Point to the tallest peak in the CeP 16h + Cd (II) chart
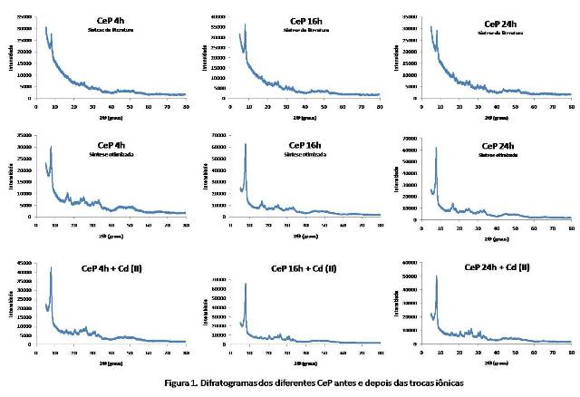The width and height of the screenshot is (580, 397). coord(246,285)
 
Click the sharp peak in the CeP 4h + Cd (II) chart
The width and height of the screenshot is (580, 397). coord(52,268)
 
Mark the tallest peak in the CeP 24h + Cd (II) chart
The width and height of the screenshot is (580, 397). coord(437,276)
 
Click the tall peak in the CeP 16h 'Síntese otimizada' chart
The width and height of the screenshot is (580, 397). coord(246,145)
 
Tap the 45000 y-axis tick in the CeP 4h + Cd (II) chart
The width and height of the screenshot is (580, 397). coord(23,263)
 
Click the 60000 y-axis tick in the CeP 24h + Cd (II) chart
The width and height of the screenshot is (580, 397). coord(411,263)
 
